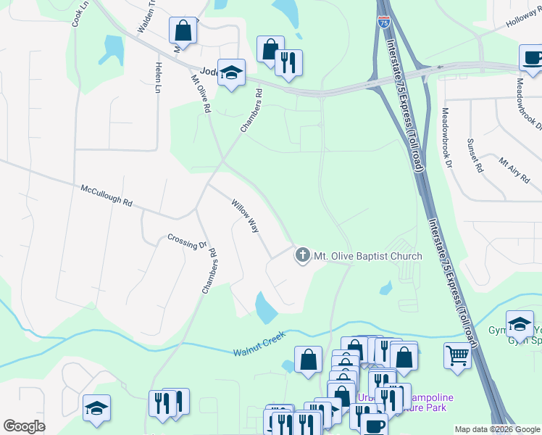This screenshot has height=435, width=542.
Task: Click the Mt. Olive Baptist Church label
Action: tap(368, 256)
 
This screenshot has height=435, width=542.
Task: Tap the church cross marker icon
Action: tap(302, 255)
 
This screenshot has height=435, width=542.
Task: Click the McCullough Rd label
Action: tap(106, 196)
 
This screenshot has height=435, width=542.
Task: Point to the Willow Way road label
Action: tap(245, 215)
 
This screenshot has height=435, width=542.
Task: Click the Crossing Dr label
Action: tap(187, 241)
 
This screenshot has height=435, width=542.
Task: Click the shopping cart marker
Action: tap(457, 356)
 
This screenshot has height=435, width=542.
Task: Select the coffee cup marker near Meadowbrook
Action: tap(532, 58)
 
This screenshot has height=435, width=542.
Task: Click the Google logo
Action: tap(24, 426)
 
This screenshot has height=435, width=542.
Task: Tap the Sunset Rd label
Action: tap(475, 155)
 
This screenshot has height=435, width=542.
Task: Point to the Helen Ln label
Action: tap(157, 78)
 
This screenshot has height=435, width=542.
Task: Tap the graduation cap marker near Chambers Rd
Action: tap(231, 72)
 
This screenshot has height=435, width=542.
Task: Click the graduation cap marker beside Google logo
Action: tap(96, 408)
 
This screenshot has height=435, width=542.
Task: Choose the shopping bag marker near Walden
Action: tap(183, 31)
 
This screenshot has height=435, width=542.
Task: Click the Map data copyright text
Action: tap(498, 429)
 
